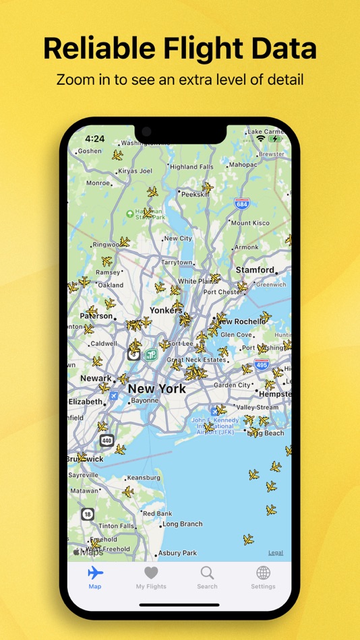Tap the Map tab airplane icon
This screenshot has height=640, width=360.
pos(95,573)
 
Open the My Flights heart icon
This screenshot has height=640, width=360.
pos(151,573)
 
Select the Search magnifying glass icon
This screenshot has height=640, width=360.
pos(207,573)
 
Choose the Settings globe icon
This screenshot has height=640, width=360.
pos(263,573)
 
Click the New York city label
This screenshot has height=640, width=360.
pos(156,389)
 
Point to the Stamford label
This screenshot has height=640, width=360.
pos(255,269)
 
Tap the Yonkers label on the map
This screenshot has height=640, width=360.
pos(166,311)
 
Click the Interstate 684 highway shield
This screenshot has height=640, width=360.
pos(242,203)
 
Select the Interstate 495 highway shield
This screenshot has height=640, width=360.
pos(262,365)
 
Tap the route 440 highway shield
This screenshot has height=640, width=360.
pos(106,441)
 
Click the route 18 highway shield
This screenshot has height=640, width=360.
pos(88,514)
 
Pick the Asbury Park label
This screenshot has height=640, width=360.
pos(178,553)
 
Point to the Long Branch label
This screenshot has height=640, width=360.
pos(182,523)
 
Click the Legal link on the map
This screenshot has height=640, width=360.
pos(275,552)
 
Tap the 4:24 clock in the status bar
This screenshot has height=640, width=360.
pos(94,139)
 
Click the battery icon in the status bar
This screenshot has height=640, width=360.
pos(275,139)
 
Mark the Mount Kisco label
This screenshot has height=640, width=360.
pos(250,222)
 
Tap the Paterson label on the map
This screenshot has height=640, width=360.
pos(96,315)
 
